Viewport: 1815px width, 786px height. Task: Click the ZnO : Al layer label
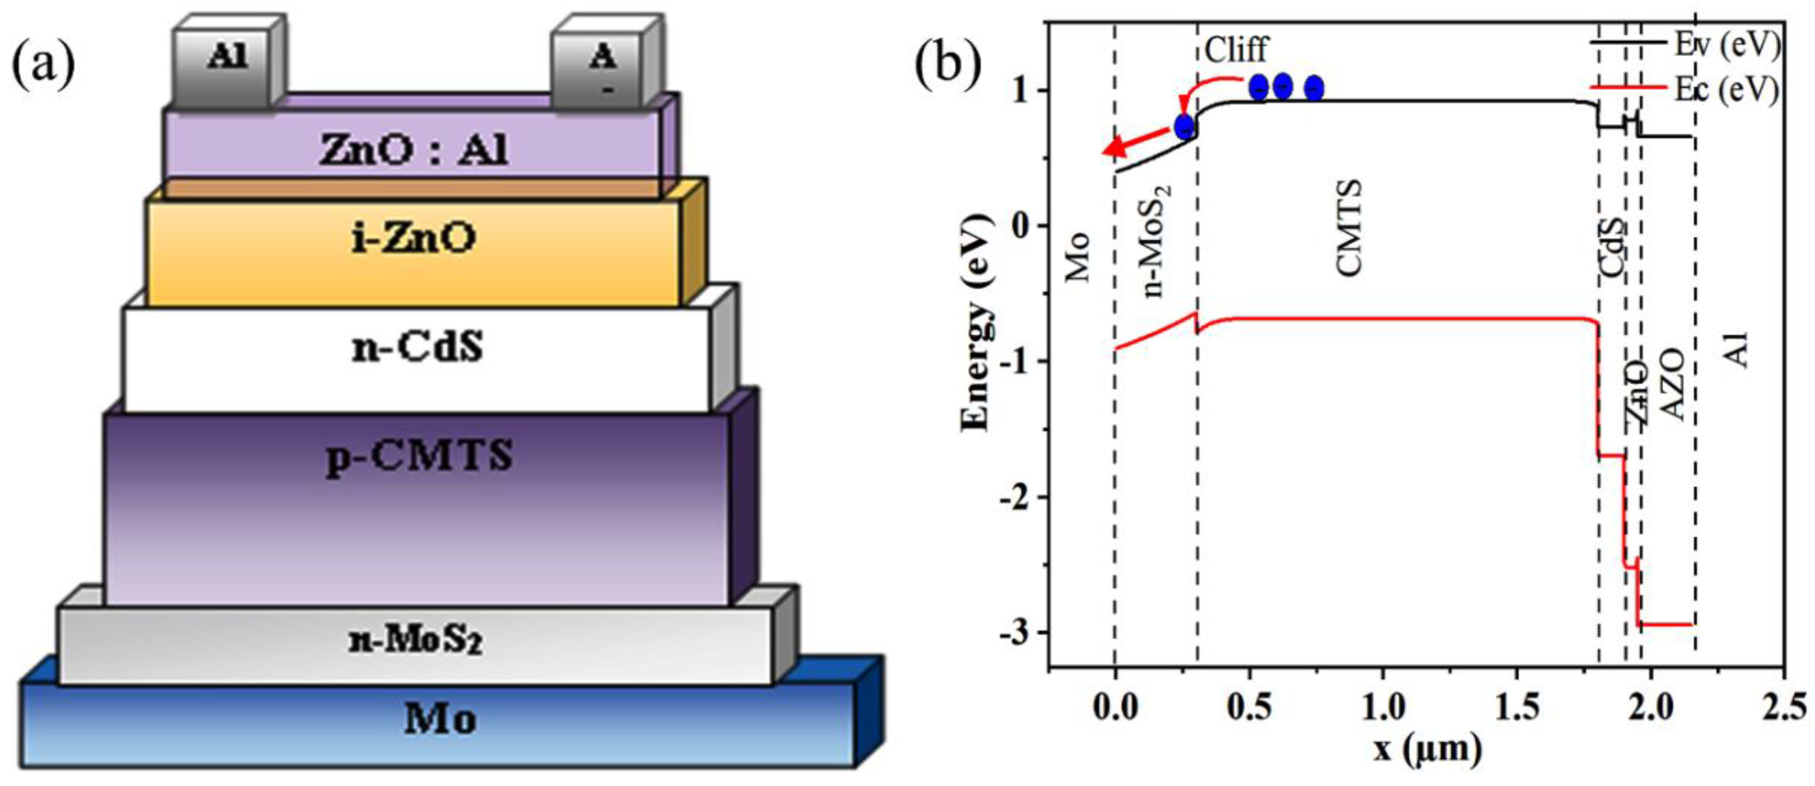(413, 151)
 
